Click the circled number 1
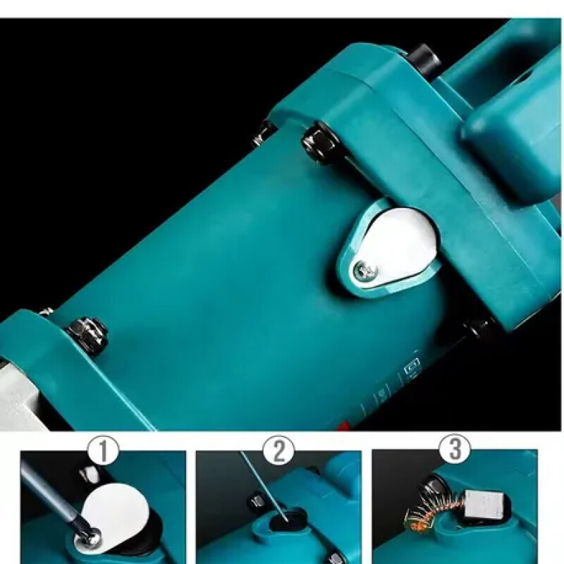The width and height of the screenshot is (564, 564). click(104, 450)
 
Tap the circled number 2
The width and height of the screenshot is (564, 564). click(278, 450)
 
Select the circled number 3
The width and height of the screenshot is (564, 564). click(455, 448)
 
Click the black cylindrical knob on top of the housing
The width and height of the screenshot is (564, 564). click(424, 59)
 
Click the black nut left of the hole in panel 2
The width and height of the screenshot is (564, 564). click(256, 501)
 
